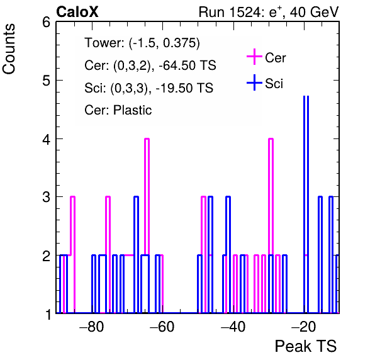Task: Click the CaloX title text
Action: (x=77, y=12)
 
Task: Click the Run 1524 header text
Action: (x=269, y=12)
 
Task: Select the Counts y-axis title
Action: (x=9, y=49)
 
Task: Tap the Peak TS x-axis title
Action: (x=306, y=346)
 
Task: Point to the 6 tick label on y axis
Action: (x=47, y=23)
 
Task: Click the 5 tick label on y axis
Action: (x=47, y=81)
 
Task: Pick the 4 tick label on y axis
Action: (x=47, y=139)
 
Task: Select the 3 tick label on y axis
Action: (x=47, y=198)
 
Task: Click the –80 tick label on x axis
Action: (x=92, y=327)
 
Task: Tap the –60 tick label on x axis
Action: (x=162, y=327)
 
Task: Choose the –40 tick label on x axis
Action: (x=233, y=327)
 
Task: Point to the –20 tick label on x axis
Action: (x=303, y=327)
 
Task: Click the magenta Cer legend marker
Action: (x=254, y=57)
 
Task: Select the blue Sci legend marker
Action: (x=254, y=82)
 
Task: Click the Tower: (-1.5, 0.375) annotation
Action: (x=142, y=43)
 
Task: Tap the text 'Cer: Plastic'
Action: (x=118, y=110)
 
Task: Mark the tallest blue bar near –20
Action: (x=306, y=205)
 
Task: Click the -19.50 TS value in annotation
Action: (x=184, y=88)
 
